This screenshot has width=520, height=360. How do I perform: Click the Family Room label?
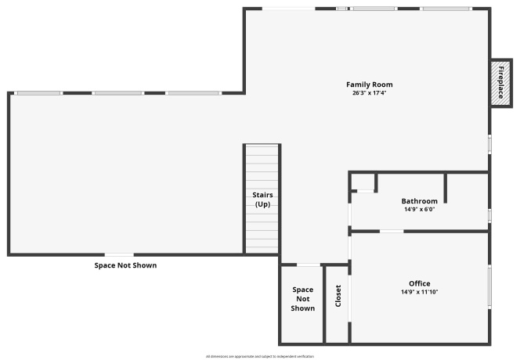coord(370,85)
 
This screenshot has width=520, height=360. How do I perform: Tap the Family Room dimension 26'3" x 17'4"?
coord(370,93)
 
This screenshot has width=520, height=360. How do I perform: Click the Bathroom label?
coord(419,201)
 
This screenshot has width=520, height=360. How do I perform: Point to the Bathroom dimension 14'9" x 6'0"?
coord(419,210)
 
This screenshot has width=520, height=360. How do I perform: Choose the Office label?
coord(419,283)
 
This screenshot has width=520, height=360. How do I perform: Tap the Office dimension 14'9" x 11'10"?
coord(419,292)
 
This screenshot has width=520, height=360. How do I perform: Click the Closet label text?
coord(338,295)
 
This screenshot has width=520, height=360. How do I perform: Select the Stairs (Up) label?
coord(262,199)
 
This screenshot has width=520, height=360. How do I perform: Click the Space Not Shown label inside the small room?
coord(303,299)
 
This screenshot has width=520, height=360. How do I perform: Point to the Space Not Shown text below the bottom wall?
coord(125,265)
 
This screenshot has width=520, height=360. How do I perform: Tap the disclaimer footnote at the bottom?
coord(260,356)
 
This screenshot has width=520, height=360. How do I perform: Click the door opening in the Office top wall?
coord(392,231)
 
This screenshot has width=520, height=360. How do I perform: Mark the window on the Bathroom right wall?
coord(489,214)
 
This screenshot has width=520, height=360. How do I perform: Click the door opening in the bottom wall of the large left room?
coord(119,254)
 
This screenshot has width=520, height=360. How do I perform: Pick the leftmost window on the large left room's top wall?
coord(38,93)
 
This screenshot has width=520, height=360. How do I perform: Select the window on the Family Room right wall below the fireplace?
coord(489,144)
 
